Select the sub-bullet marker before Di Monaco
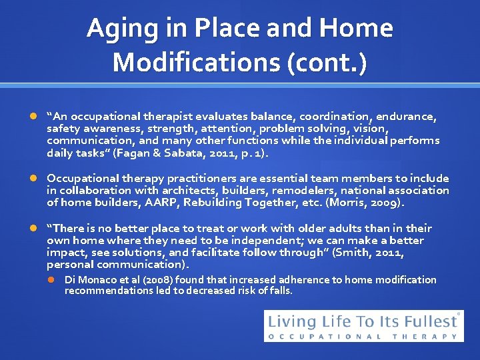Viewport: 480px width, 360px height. click(54, 280)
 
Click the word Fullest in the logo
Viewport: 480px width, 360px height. click(425, 321)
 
